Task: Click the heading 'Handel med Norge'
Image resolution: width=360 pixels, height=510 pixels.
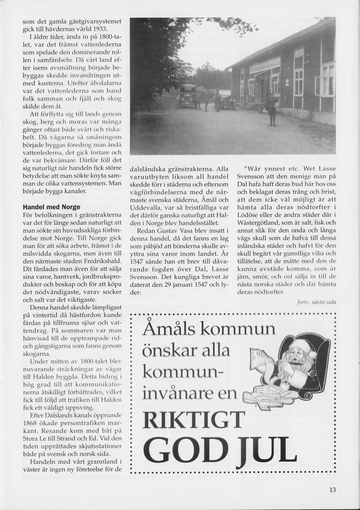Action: (x=52, y=207)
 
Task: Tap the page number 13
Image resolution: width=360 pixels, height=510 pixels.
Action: (x=332, y=489)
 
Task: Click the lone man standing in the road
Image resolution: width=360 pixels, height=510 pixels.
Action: (x=271, y=111)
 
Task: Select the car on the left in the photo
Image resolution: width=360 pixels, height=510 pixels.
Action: (x=187, y=96)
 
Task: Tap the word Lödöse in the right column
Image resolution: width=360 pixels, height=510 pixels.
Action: (x=248, y=215)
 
